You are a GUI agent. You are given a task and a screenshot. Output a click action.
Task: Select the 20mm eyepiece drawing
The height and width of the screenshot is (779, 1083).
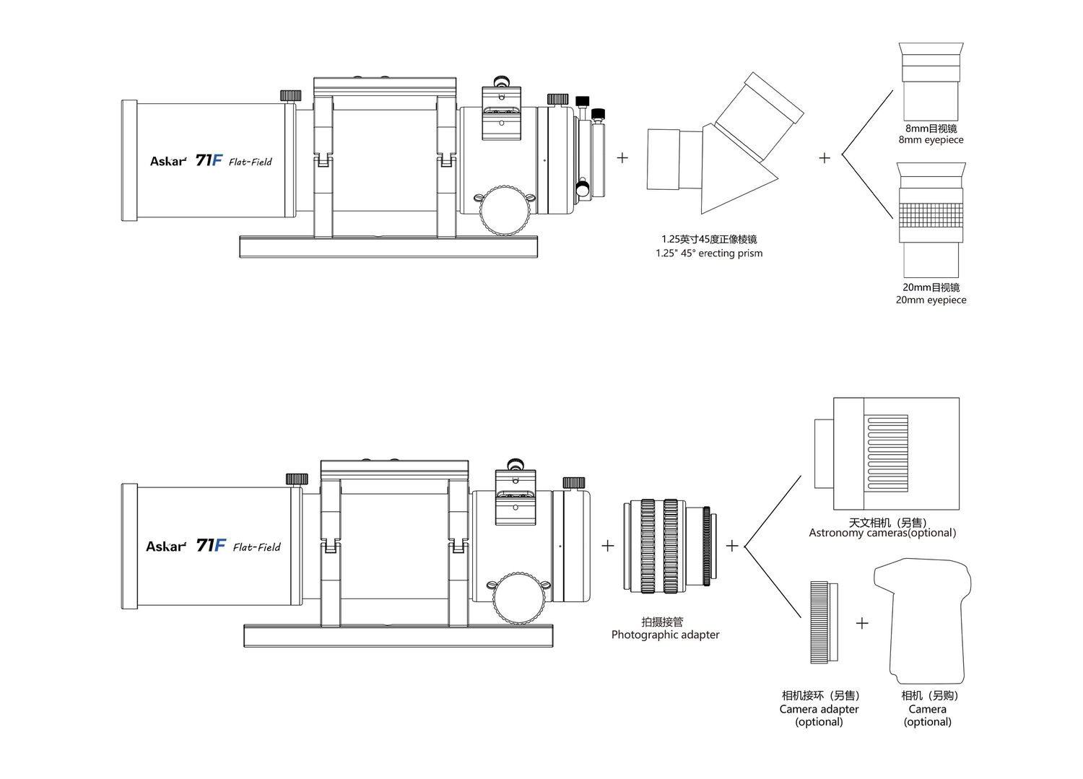coord(931,220)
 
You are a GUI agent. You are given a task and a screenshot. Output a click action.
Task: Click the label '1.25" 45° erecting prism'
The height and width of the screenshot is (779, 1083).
coord(709,253)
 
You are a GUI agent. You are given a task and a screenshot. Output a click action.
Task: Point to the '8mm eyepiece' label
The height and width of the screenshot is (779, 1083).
coord(931,140)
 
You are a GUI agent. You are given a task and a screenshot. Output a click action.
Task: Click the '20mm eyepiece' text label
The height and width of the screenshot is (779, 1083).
coord(931,300)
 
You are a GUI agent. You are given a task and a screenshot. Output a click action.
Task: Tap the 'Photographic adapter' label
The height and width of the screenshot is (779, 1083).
coord(665,635)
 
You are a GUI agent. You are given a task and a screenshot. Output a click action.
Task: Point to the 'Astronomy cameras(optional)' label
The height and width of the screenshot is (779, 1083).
coord(882,534)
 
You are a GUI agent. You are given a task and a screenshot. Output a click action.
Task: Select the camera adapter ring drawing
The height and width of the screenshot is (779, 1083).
coord(823,622)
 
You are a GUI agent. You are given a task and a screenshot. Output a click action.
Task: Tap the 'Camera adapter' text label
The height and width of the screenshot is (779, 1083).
coord(819,710)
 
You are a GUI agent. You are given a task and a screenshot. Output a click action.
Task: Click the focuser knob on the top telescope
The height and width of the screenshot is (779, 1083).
coord(506,210)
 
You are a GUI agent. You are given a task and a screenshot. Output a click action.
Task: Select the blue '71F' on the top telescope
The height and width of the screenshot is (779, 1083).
coord(209,160)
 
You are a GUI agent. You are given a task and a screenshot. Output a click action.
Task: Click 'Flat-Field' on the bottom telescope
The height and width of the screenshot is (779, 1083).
coord(256,547)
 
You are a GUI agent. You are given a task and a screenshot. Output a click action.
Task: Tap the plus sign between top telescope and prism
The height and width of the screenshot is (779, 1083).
coord(622,157)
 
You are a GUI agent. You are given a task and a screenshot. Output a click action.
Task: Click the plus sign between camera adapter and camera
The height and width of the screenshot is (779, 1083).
coord(862,623)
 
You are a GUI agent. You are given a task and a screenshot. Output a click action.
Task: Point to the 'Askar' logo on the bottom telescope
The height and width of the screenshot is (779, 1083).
coord(166,547)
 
